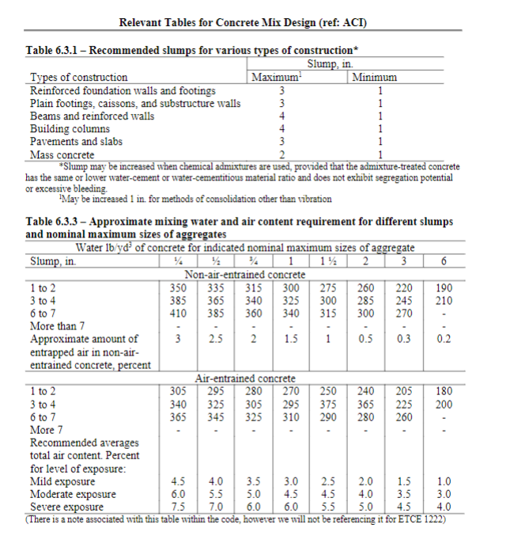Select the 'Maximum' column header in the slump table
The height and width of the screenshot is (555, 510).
pyautogui.click(x=271, y=78)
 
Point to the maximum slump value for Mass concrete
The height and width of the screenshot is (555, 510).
pyautogui.click(x=271, y=154)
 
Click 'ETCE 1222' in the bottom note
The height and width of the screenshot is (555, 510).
pyautogui.click(x=422, y=518)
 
